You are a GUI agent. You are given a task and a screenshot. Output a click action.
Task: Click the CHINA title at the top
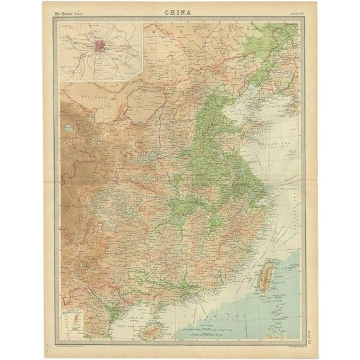(x=179, y=11)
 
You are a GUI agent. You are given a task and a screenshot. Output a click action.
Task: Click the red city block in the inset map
(x=99, y=46)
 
